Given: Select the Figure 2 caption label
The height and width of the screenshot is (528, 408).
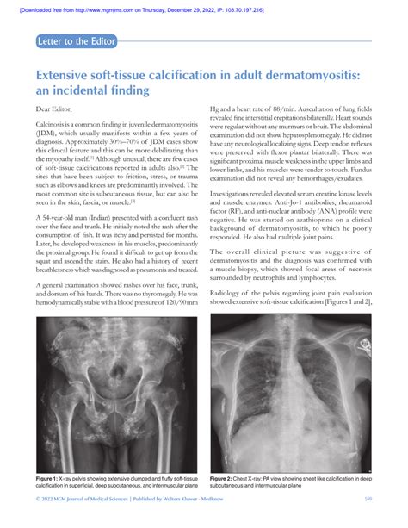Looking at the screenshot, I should click(227, 477).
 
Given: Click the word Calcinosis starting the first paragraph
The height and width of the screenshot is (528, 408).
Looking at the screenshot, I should click(53, 126).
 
